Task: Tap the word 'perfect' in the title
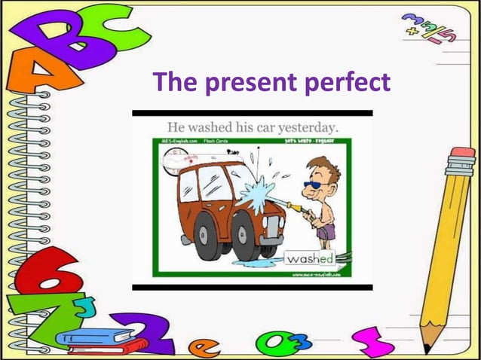[x=348, y=81]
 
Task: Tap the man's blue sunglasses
[x=312, y=185]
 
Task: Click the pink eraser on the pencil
[x=462, y=161]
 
